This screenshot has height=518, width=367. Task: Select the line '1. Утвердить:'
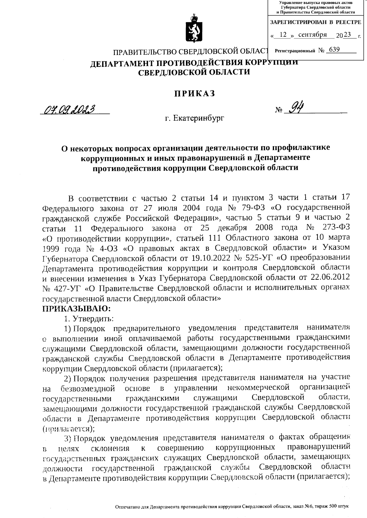click(x=89, y=318)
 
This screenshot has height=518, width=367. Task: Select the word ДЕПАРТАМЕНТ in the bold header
click(x=120, y=63)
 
